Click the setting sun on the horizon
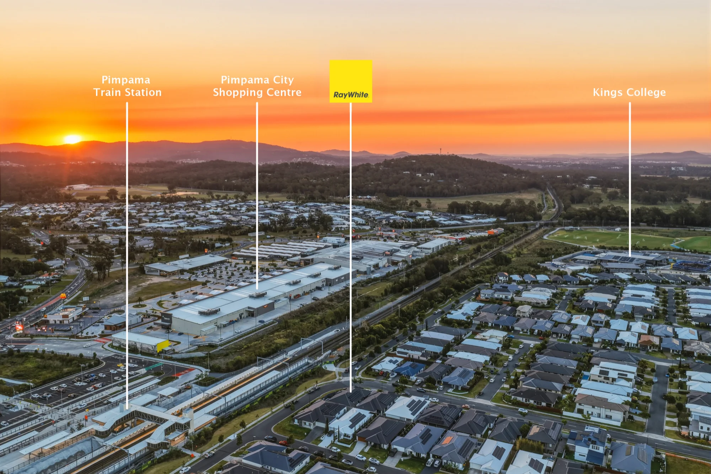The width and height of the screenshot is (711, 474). click(73, 139)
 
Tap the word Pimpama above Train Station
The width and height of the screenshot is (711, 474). click(126, 80)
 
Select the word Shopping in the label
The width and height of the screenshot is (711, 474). click(238, 93)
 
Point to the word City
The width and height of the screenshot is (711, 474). click(283, 80)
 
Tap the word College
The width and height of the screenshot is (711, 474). click(647, 92)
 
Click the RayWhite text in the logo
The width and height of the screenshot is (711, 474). click(351, 95)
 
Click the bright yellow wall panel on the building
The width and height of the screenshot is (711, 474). click(163, 346)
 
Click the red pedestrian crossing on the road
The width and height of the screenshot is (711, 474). click(103, 340)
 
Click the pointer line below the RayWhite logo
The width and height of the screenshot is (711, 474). click(351, 247)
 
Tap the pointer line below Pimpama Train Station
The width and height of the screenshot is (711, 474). click(127, 256)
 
